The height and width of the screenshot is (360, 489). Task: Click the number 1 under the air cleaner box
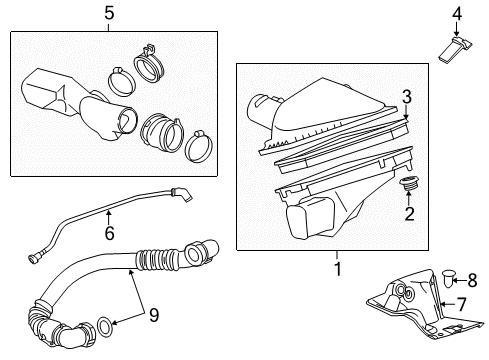(337, 267)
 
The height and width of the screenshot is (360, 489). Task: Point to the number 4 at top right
(455, 13)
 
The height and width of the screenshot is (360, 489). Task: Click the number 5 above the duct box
(109, 13)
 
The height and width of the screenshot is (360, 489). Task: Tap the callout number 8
(473, 280)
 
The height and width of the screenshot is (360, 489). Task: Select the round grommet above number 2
(408, 186)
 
